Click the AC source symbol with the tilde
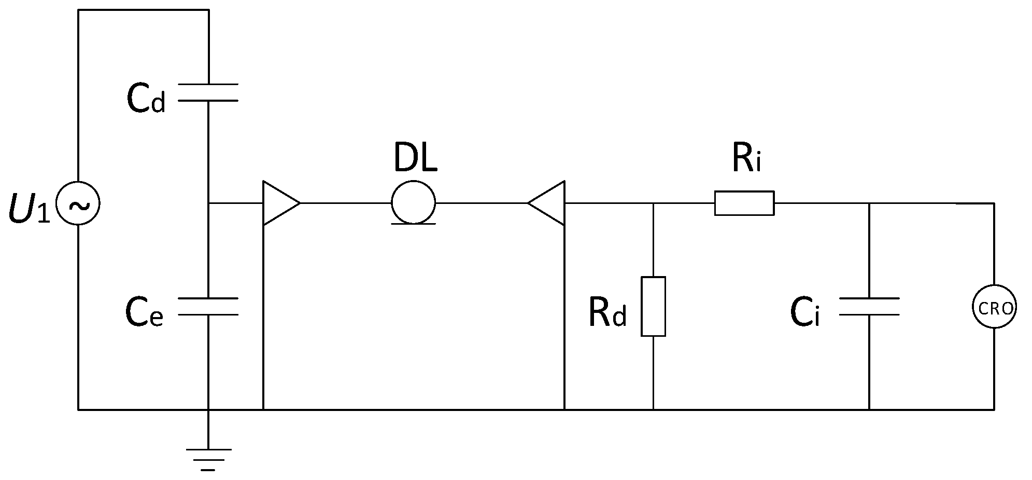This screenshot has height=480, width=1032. click(78, 203)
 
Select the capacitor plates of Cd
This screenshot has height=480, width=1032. click(208, 92)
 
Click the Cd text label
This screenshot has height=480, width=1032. click(146, 100)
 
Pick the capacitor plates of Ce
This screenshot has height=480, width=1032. click(208, 306)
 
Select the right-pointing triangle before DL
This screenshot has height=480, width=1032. click(279, 203)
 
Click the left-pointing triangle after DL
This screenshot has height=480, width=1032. click(548, 203)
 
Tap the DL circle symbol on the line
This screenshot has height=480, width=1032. click(413, 202)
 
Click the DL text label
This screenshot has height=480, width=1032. click(415, 157)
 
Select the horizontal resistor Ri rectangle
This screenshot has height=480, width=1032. click(744, 203)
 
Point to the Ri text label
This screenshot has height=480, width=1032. click(746, 158)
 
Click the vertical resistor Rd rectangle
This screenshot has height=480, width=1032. click(653, 306)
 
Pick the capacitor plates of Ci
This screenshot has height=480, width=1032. click(869, 306)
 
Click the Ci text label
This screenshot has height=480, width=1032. click(805, 313)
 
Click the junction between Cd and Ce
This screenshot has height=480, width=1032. click(208, 203)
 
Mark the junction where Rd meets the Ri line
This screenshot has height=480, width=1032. click(653, 203)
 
